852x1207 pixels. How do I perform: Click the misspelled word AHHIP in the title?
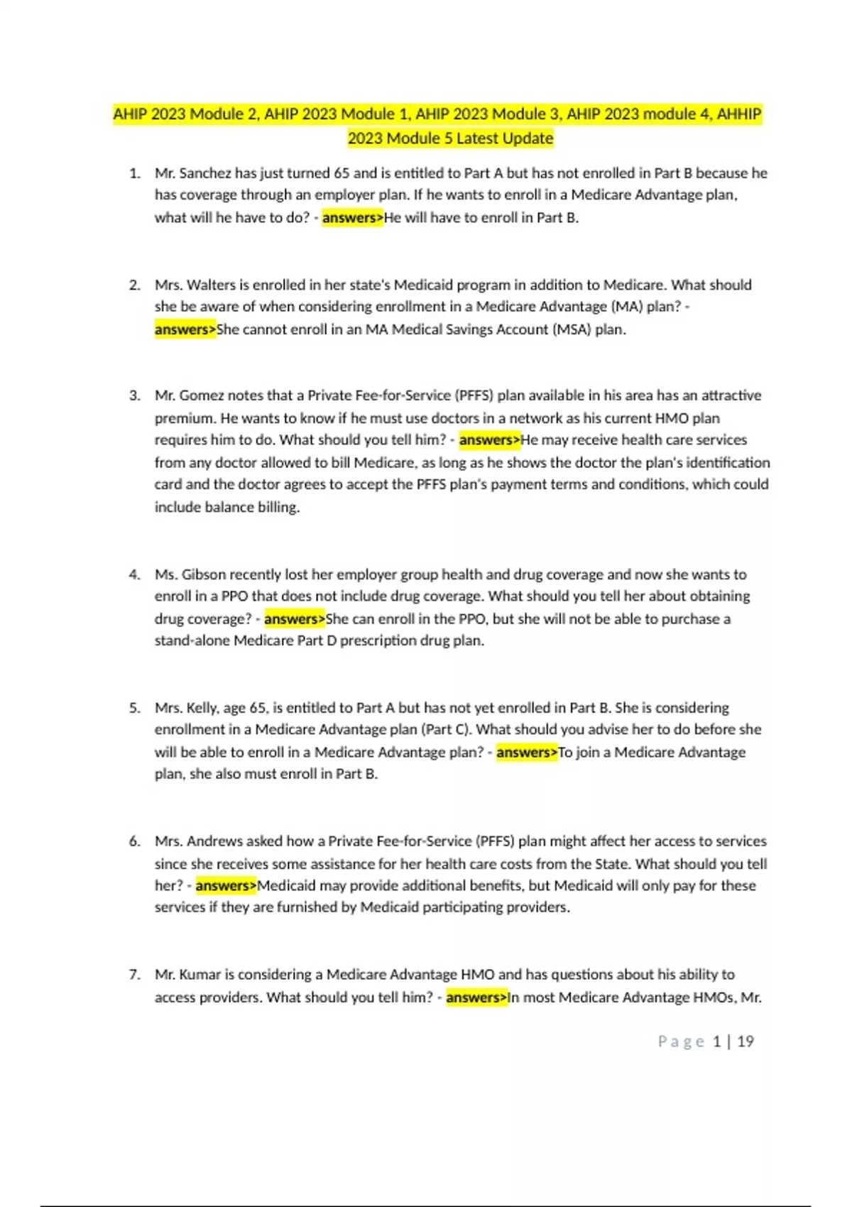739,114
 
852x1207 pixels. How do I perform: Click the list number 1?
134,173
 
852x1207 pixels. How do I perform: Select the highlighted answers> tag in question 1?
352,218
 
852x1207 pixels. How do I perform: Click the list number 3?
134,395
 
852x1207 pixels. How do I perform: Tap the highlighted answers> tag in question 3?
489,440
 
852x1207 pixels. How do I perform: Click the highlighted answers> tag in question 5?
527,753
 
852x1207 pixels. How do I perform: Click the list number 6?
134,841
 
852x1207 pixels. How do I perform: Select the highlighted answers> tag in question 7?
476,998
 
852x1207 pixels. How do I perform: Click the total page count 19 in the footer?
745,1042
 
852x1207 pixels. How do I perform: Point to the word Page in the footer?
681,1042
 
